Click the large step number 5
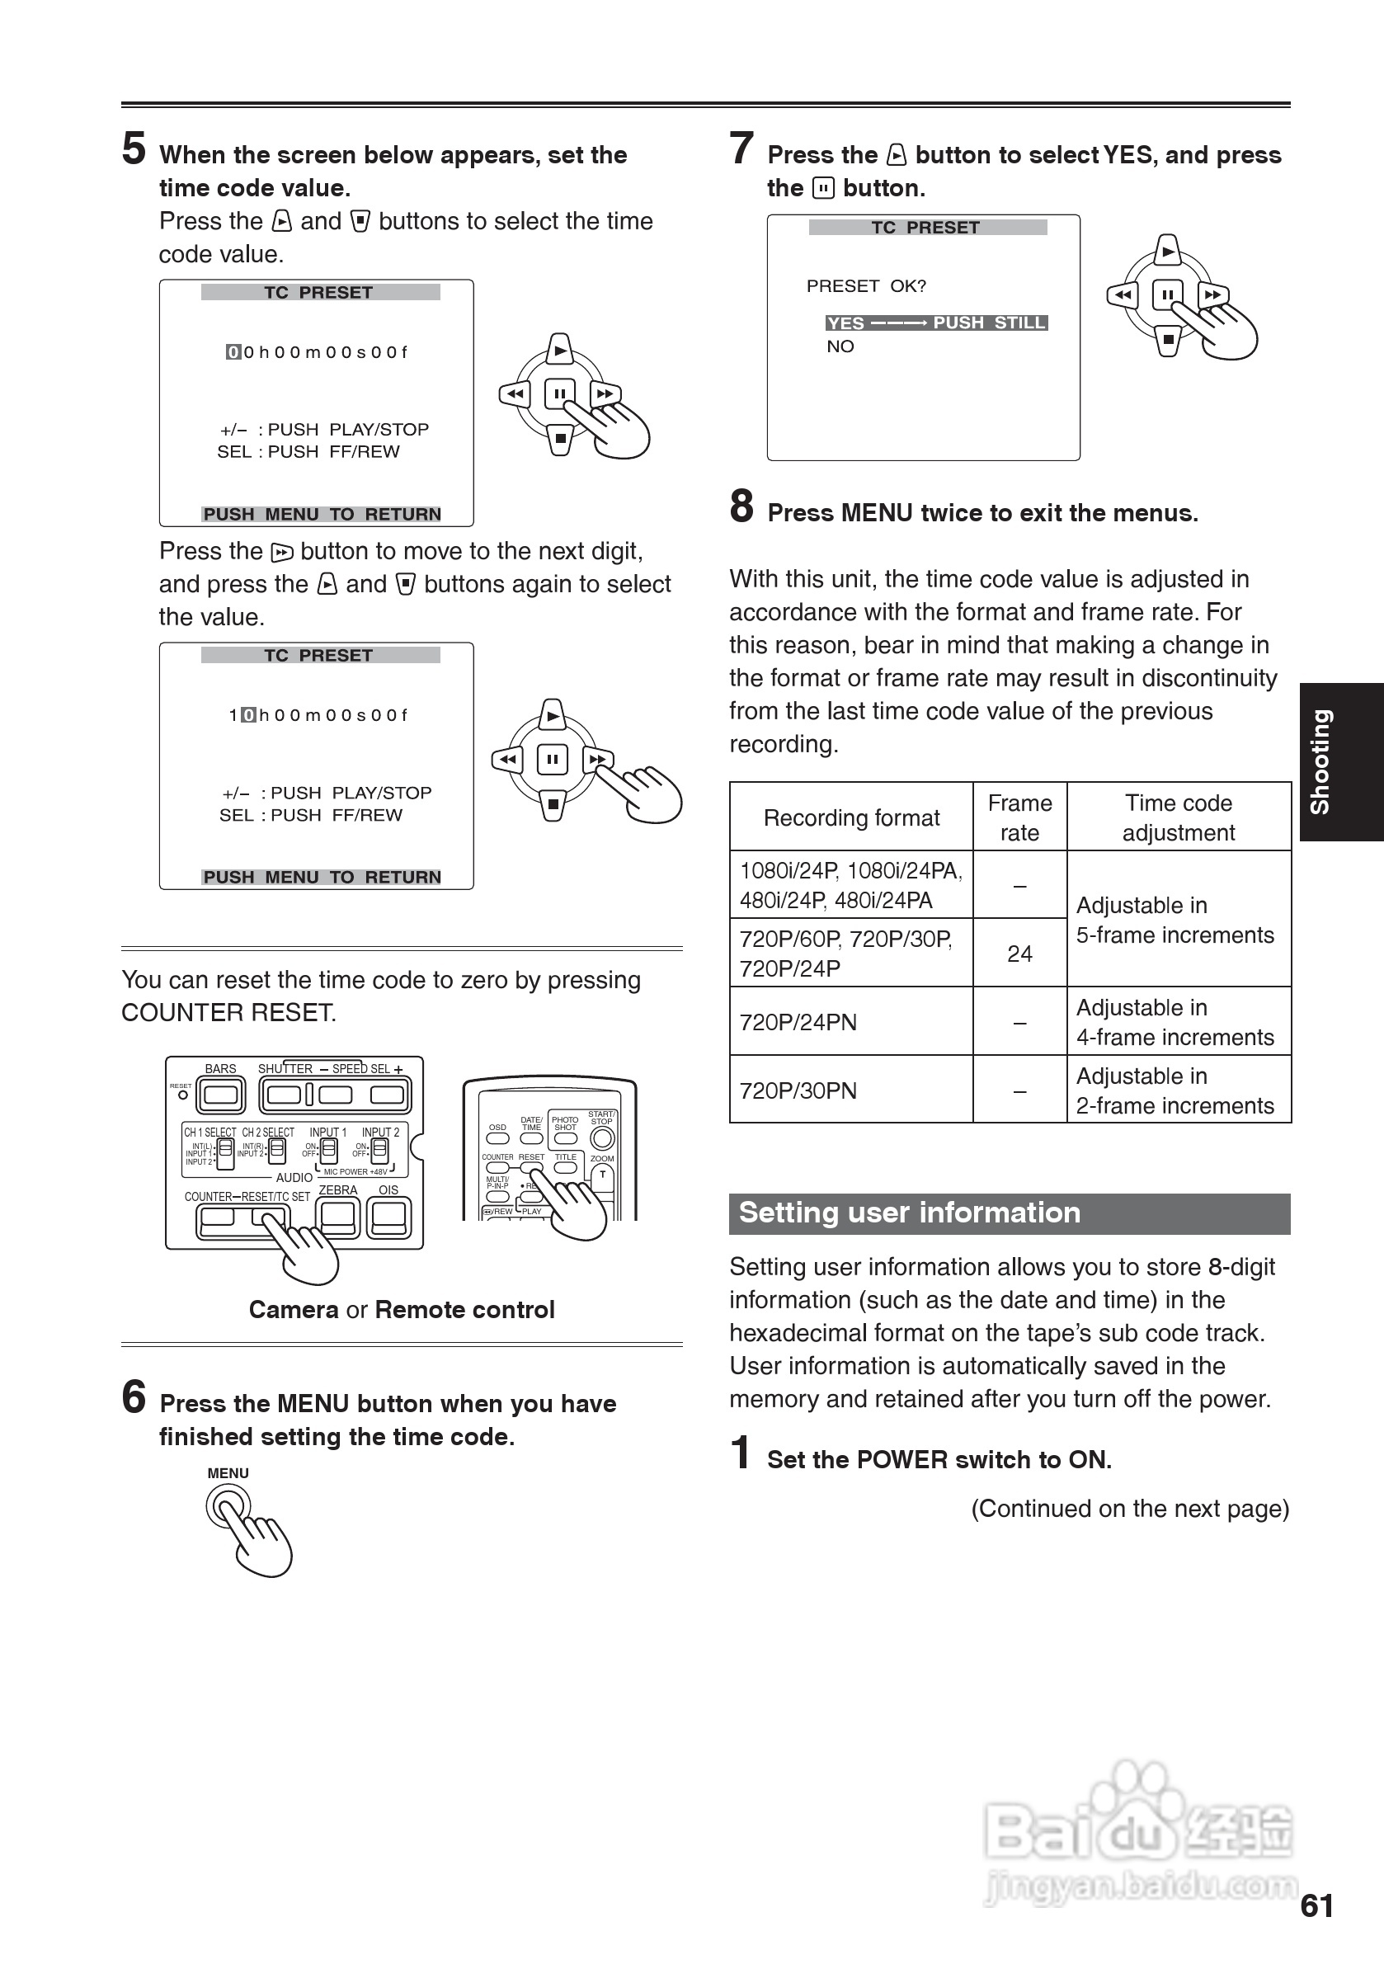(x=134, y=148)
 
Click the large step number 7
(x=741, y=148)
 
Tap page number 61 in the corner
(x=1316, y=1905)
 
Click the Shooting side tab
(x=1340, y=761)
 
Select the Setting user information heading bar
(x=1009, y=1213)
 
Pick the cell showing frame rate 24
(x=1019, y=953)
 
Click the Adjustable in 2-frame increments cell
(x=1177, y=1090)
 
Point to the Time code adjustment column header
(x=1178, y=817)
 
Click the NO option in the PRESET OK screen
(x=840, y=346)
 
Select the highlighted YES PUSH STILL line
(x=936, y=323)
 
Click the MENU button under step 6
(x=228, y=1506)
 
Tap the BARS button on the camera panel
(x=221, y=1094)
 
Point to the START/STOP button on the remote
(x=602, y=1137)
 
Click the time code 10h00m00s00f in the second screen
(x=318, y=715)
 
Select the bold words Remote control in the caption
(x=464, y=1310)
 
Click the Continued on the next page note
(x=1129, y=1508)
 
